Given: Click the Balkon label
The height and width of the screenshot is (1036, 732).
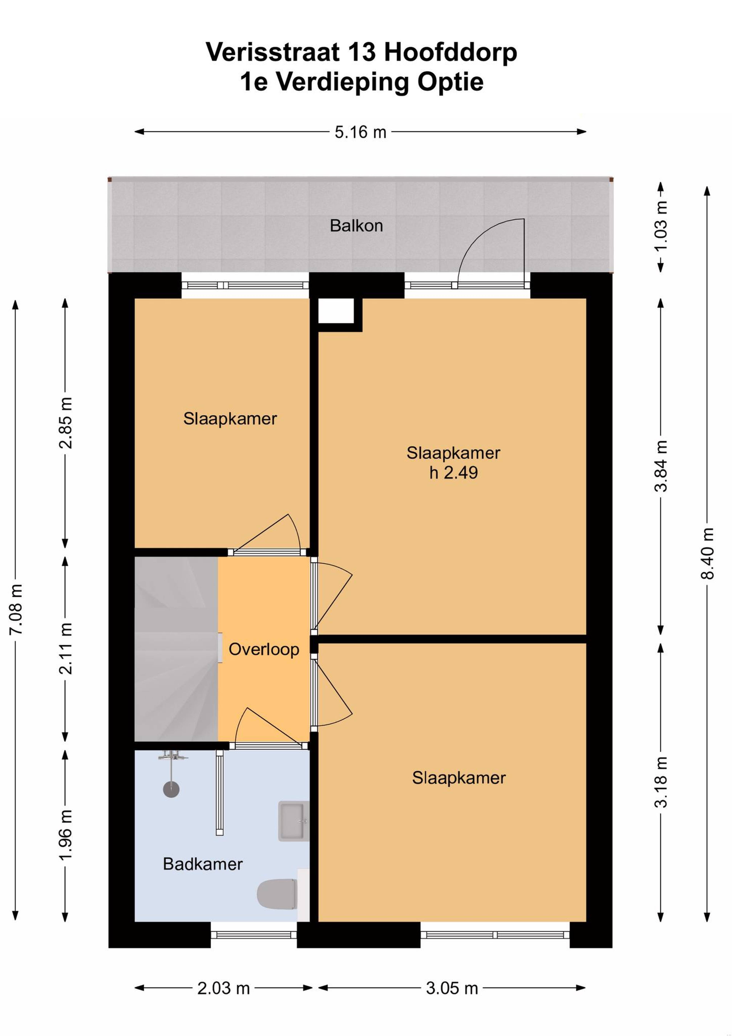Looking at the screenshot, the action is coord(356,226).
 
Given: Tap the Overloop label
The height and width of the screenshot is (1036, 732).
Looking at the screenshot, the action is coord(264,649).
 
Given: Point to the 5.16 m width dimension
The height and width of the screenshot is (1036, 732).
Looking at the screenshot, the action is coord(360,132).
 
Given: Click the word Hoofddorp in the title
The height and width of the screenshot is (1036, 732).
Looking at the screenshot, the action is coord(450,52).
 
